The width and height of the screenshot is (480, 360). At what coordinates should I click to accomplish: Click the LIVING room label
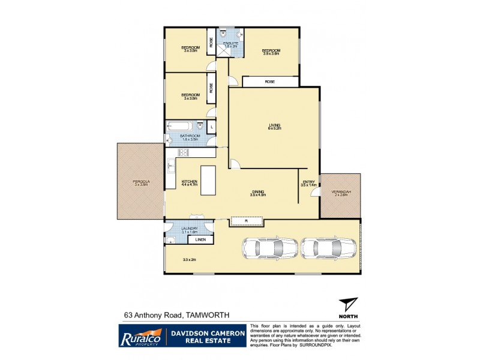coord(274,124)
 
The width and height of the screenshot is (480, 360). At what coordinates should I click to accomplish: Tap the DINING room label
coord(258,190)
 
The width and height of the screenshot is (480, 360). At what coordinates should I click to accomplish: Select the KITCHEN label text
coord(190,181)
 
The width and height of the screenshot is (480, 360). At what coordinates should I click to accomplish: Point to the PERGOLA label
coord(141,181)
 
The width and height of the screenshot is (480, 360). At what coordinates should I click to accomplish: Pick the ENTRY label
coord(308,181)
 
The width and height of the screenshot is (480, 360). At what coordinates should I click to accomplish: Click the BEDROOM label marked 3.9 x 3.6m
coord(271,50)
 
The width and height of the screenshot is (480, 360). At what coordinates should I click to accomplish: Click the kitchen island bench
coord(209,181)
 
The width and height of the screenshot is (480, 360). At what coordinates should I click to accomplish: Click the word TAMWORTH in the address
coord(207,314)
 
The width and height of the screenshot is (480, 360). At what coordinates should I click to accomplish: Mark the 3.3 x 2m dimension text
coord(190,260)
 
